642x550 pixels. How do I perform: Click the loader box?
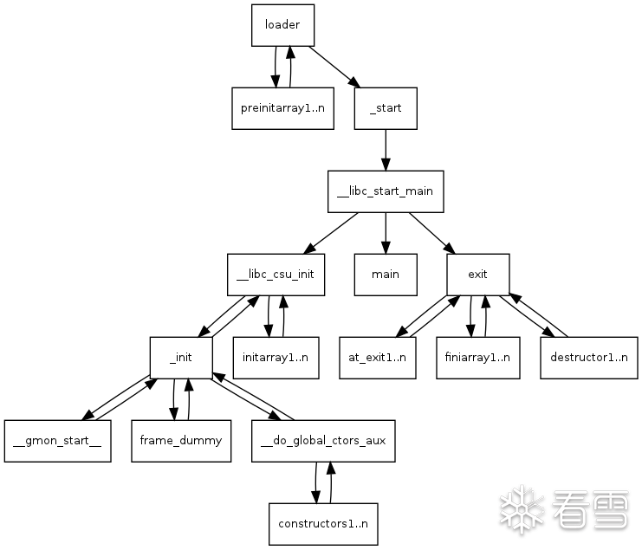click(282, 25)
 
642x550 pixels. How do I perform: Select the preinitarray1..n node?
click(283, 108)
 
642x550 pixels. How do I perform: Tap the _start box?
click(386, 108)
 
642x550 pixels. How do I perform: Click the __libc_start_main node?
click(386, 191)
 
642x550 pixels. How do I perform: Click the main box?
click(386, 274)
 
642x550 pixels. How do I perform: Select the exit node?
click(477, 274)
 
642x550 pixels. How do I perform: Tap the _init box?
click(181, 357)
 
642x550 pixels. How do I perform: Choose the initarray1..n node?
click(276, 357)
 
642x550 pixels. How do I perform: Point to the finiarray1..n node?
click(478, 357)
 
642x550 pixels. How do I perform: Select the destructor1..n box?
click(588, 357)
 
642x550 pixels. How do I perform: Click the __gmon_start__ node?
click(57, 440)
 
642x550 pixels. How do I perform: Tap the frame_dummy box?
click(181, 440)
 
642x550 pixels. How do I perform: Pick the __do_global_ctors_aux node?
click(323, 440)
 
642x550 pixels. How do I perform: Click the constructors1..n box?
click(323, 523)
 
